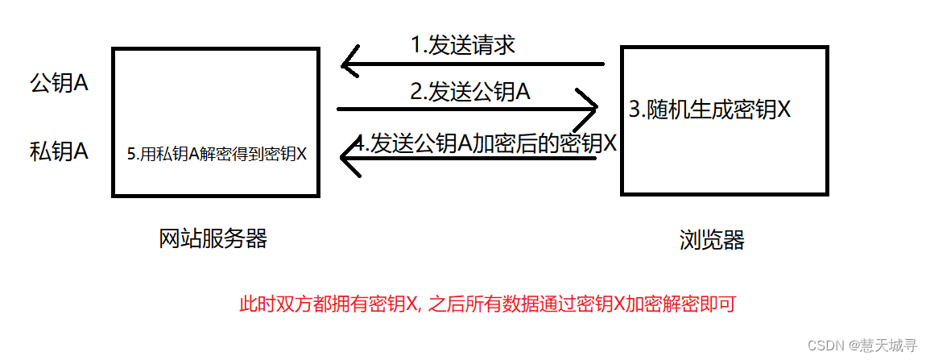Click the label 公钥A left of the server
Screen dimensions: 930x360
tap(58, 84)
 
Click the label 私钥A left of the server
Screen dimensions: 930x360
tap(58, 151)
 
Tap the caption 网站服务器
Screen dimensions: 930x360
tap(213, 238)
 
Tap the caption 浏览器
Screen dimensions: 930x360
tap(712, 239)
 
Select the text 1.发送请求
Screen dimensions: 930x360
tap(463, 45)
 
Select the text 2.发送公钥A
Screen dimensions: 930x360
tap(470, 93)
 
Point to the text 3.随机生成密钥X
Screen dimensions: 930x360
tap(709, 110)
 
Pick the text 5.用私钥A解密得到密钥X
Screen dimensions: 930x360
tap(217, 154)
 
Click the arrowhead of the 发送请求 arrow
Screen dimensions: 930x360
tap(348, 64)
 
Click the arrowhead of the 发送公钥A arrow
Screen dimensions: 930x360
tap(592, 108)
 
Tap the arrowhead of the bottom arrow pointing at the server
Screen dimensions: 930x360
tap(348, 159)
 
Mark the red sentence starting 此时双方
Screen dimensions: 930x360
tap(488, 305)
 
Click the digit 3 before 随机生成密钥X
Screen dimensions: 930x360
tap(632, 110)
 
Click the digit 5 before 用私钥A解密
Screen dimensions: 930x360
tap(131, 155)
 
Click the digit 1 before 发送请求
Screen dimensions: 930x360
tap(415, 46)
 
